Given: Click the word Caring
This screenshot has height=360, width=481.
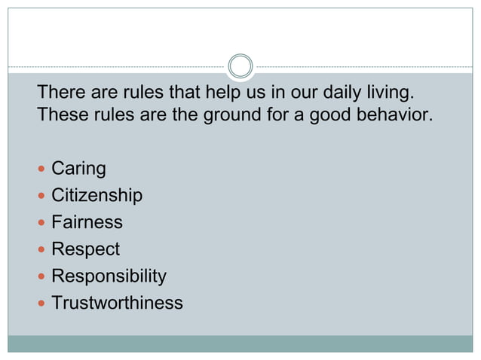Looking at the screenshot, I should coord(78,169).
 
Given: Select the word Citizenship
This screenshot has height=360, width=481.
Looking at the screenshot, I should coord(97,196).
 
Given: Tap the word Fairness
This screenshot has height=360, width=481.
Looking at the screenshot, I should coord(87,222).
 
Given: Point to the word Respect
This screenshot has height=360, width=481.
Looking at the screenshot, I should coord(85,249).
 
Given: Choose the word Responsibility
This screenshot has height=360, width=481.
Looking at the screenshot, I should coord(109,276).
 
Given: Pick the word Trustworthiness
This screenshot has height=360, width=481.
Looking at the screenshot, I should coord(117,303).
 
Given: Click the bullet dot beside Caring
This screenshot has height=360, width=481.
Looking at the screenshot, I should coord(42,169).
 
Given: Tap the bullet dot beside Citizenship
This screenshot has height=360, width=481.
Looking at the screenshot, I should coord(42,196).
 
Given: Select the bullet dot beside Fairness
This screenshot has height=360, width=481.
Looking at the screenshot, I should coord(42,223).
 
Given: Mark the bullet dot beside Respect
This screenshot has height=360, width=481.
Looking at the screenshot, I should coord(42,249).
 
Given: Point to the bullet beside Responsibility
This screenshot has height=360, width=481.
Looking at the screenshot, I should coord(42,276).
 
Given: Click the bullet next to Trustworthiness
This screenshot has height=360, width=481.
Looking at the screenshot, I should coord(42,304).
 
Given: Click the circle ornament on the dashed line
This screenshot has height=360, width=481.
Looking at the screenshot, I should coord(240,66).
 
